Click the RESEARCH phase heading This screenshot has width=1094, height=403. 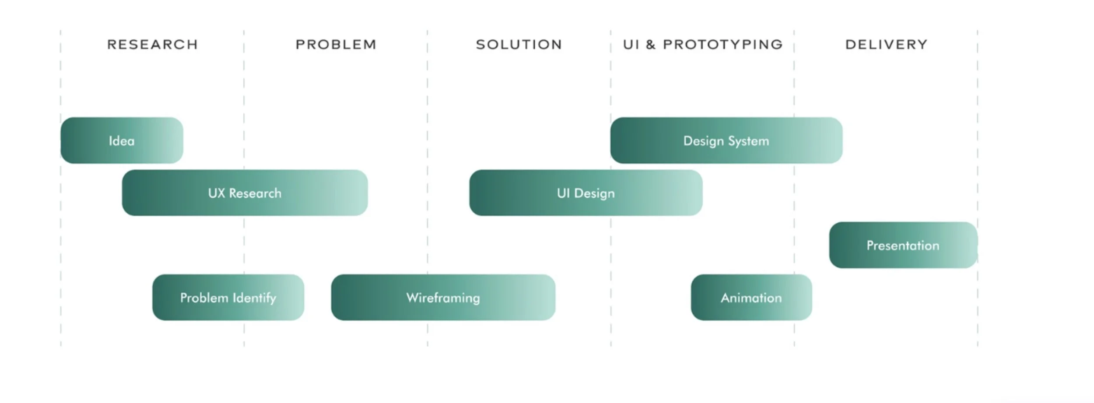[x=152, y=45]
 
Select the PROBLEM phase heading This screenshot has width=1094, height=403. [x=336, y=45]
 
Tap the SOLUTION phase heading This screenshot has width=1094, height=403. [x=519, y=45]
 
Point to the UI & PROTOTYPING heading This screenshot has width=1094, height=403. [x=703, y=45]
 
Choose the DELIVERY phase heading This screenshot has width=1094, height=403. [x=886, y=45]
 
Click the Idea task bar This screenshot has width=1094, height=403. [x=122, y=140]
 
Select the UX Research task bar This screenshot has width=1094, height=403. [x=245, y=193]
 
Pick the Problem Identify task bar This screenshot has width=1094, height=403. [x=228, y=298]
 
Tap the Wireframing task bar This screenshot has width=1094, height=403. [x=443, y=298]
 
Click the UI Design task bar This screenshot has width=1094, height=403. [x=586, y=193]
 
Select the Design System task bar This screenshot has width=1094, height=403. [x=726, y=140]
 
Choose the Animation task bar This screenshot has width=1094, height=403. [x=751, y=298]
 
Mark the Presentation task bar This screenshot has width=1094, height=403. [x=903, y=245]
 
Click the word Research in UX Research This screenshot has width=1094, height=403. [x=255, y=193]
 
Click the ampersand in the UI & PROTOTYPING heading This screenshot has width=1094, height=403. [x=651, y=45]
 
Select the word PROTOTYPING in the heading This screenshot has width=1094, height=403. [x=722, y=45]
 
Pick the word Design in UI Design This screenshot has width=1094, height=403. [x=594, y=193]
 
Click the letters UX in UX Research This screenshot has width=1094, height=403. [x=217, y=193]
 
